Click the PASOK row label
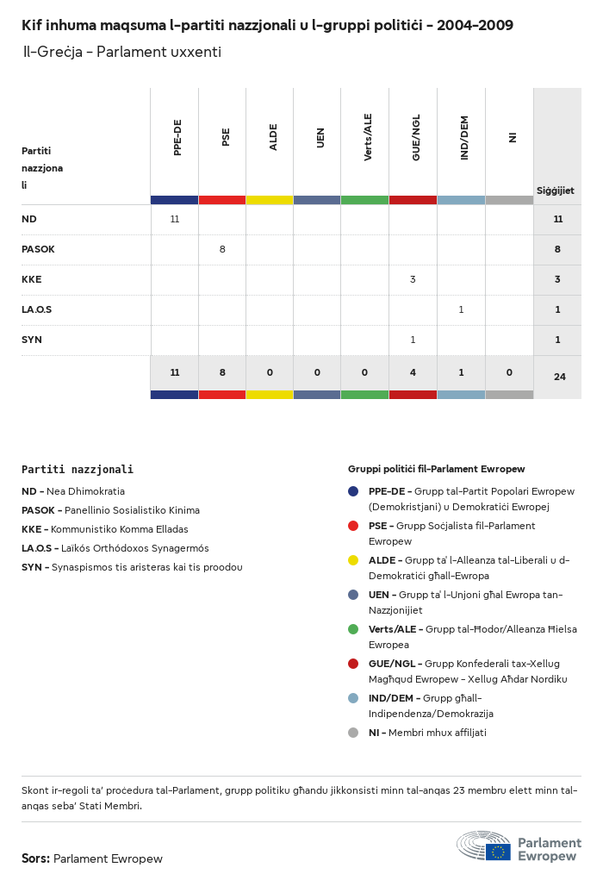[x=38, y=249]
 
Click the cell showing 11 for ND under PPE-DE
[x=175, y=219]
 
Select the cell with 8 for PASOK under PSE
[x=222, y=249]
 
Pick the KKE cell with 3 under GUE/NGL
[x=413, y=279]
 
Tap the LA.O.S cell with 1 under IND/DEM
[x=461, y=309]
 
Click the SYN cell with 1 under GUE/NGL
[x=413, y=340]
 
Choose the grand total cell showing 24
[x=559, y=377]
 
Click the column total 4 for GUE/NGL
[x=413, y=372]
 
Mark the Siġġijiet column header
[x=556, y=190]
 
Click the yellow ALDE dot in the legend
[x=353, y=560]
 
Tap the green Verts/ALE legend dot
[x=353, y=629]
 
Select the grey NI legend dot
[x=353, y=733]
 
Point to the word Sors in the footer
[x=34, y=858]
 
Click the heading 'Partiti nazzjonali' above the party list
[x=78, y=470]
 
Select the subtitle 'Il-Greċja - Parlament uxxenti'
[x=121, y=52]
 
